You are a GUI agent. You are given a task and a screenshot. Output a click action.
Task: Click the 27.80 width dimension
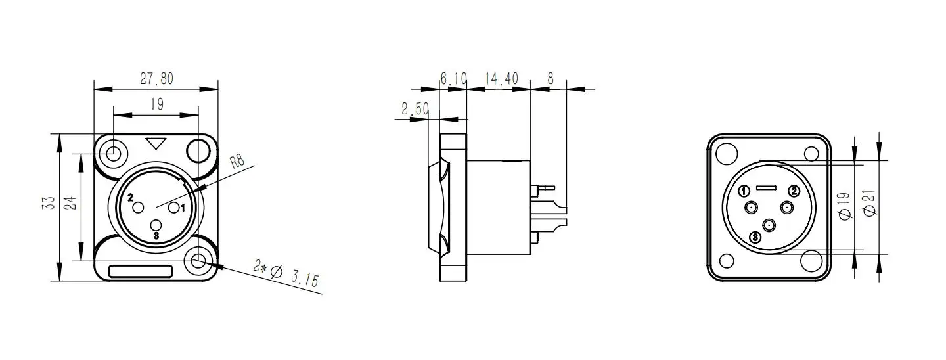tap(156, 79)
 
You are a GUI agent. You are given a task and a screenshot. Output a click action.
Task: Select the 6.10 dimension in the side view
tap(453, 79)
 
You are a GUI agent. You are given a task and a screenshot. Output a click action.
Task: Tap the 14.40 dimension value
tap(501, 79)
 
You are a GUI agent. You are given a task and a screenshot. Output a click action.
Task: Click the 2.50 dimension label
tap(415, 109)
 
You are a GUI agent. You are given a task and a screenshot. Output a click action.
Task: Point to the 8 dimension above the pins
tap(551, 79)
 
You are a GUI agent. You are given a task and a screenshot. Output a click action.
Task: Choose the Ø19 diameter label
tap(845, 205)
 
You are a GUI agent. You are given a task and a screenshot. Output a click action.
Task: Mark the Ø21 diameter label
tap(870, 205)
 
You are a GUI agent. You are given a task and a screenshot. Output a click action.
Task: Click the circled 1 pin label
tap(744, 191)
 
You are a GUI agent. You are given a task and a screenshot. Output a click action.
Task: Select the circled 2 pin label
tap(794, 191)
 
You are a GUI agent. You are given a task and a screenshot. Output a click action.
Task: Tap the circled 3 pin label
tap(755, 236)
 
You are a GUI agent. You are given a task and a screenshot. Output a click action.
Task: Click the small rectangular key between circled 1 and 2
tap(768, 188)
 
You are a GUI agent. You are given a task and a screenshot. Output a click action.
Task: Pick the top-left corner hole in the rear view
tap(726, 154)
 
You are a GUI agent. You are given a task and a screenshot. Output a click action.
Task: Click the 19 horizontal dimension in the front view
tap(156, 104)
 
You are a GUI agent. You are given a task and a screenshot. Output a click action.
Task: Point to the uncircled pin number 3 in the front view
tap(156, 235)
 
